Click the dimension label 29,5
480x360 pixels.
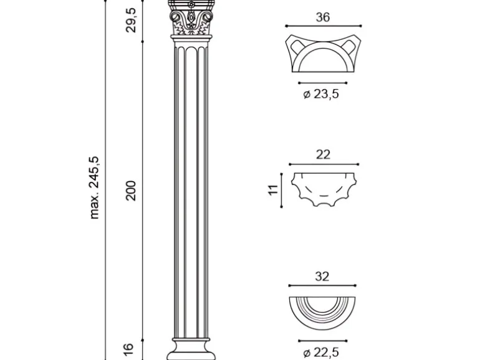tap(131, 20)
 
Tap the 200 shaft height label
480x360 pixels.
tap(131, 191)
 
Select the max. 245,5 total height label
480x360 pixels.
tap(94, 187)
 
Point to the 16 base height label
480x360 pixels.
tap(130, 349)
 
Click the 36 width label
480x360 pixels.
tap(323, 17)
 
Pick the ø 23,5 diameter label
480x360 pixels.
tap(321, 94)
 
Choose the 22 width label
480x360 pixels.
tap(323, 154)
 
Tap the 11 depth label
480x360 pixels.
tap(273, 189)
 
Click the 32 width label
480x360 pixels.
tap(322, 277)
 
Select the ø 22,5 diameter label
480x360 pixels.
tap(321, 353)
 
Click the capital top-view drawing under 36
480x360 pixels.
tap(324, 54)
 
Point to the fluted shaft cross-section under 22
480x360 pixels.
tap(324, 189)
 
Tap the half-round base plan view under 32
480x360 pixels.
tap(322, 313)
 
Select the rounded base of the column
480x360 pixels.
tap(191, 349)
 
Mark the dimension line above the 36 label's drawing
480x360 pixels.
tap(324, 26)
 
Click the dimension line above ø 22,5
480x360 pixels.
tap(323, 341)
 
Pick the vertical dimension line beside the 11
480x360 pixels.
tap(281, 190)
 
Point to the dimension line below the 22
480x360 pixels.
tap(324, 164)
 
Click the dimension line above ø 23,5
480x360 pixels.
tap(323, 83)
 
